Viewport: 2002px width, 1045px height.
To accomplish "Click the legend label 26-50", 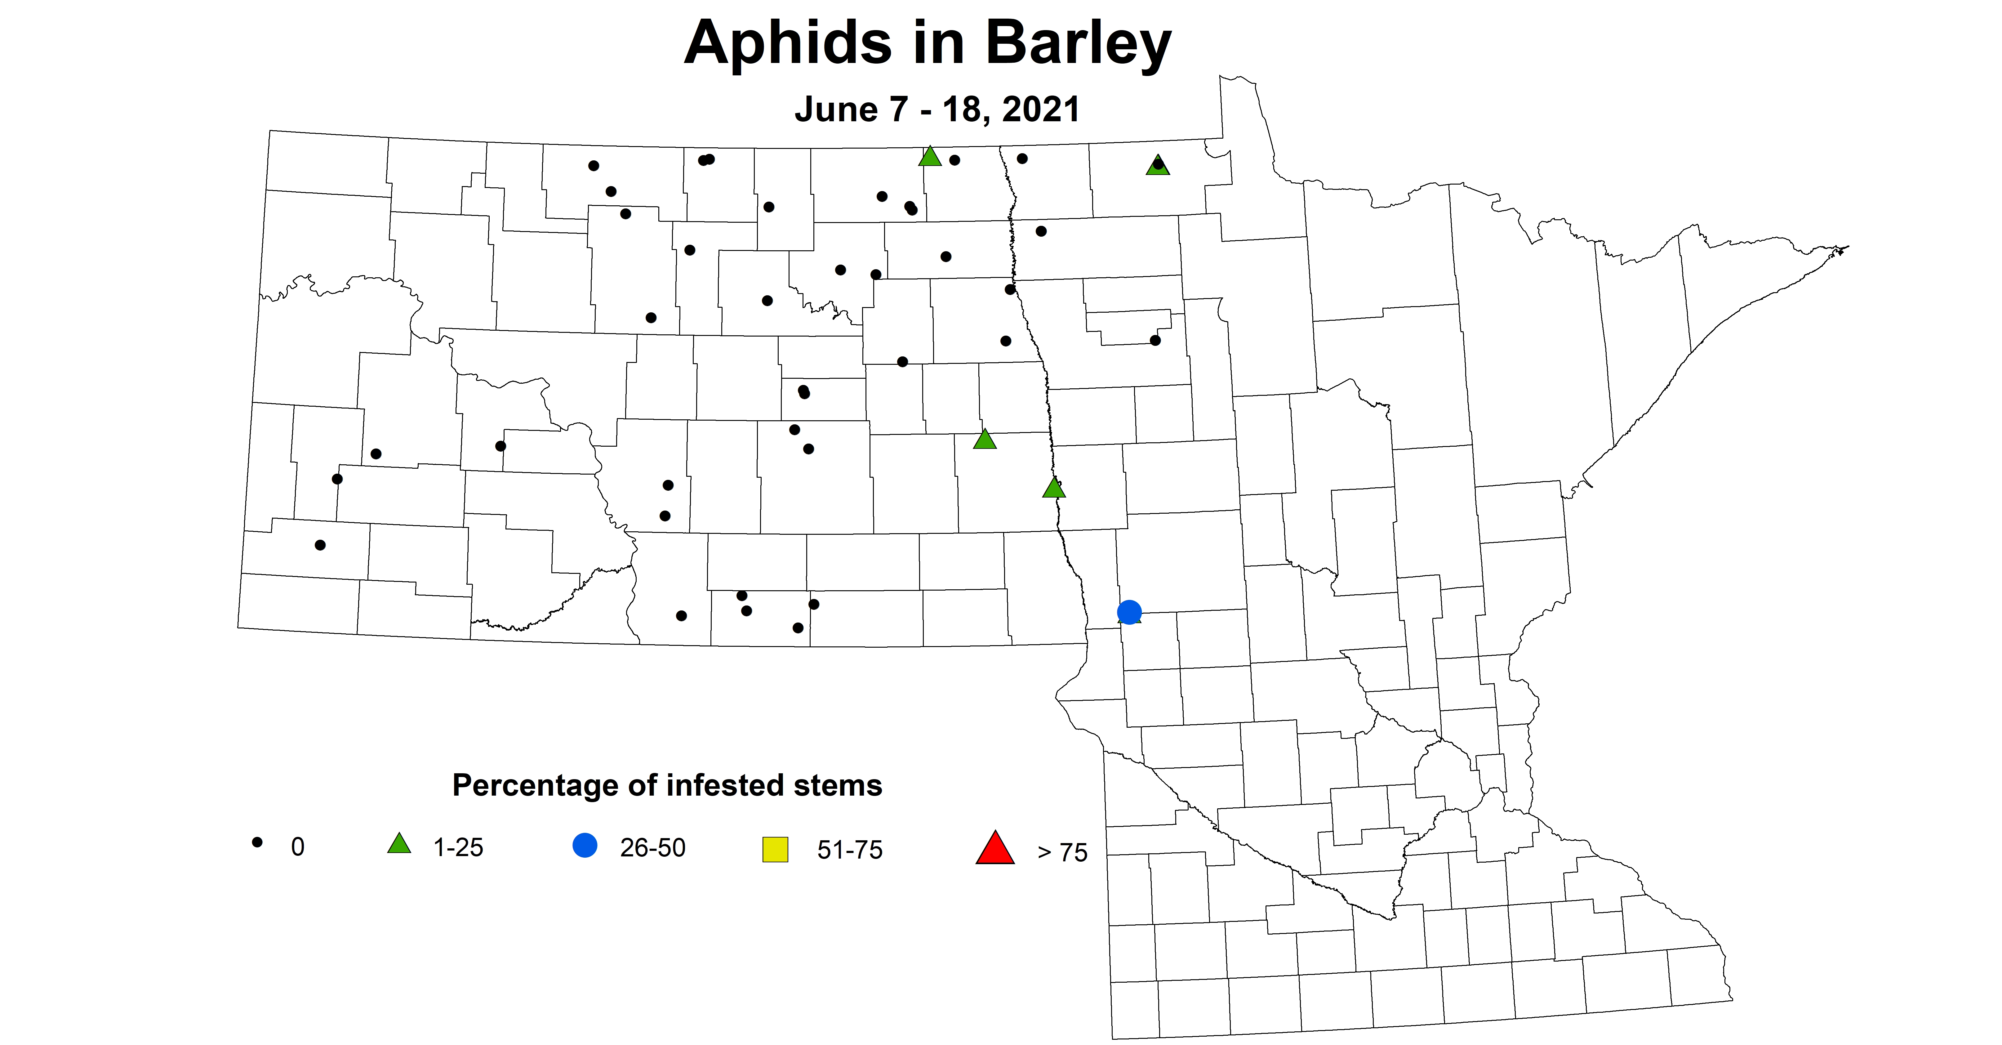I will tap(652, 847).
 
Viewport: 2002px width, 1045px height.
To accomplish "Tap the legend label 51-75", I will tap(849, 850).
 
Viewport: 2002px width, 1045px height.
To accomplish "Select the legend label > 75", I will tap(1062, 852).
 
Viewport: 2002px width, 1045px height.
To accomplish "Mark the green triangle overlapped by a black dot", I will tap(1157, 165).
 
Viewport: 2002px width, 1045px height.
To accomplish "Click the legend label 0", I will tap(298, 847).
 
